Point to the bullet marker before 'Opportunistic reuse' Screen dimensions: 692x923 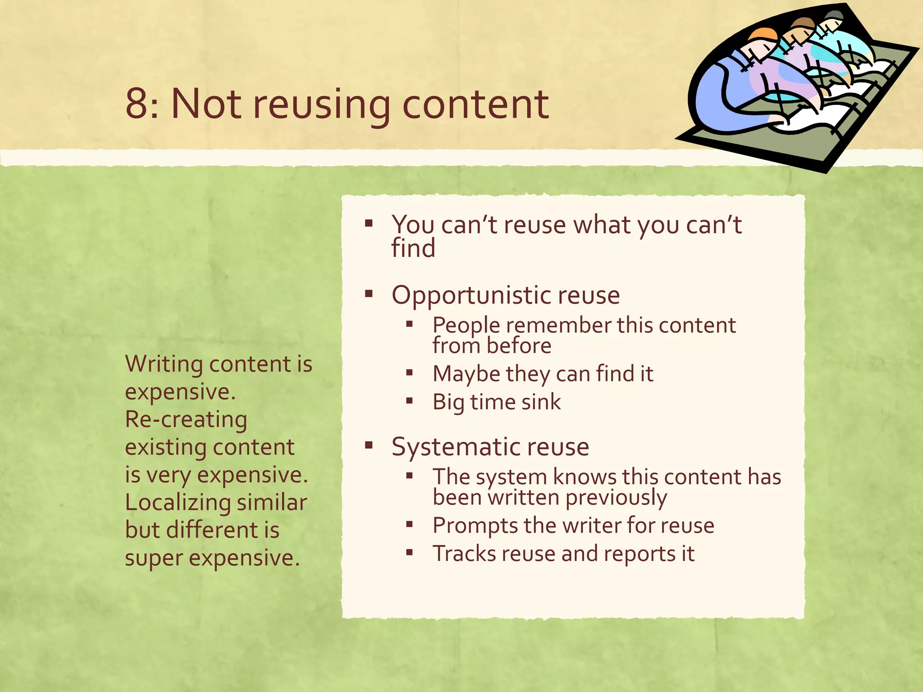(369, 294)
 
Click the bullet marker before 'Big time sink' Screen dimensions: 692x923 (409, 401)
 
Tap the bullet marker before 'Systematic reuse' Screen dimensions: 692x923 (369, 446)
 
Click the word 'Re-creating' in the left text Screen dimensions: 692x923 (186, 420)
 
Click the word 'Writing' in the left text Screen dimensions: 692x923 (164, 364)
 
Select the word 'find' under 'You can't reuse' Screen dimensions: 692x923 (413, 248)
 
